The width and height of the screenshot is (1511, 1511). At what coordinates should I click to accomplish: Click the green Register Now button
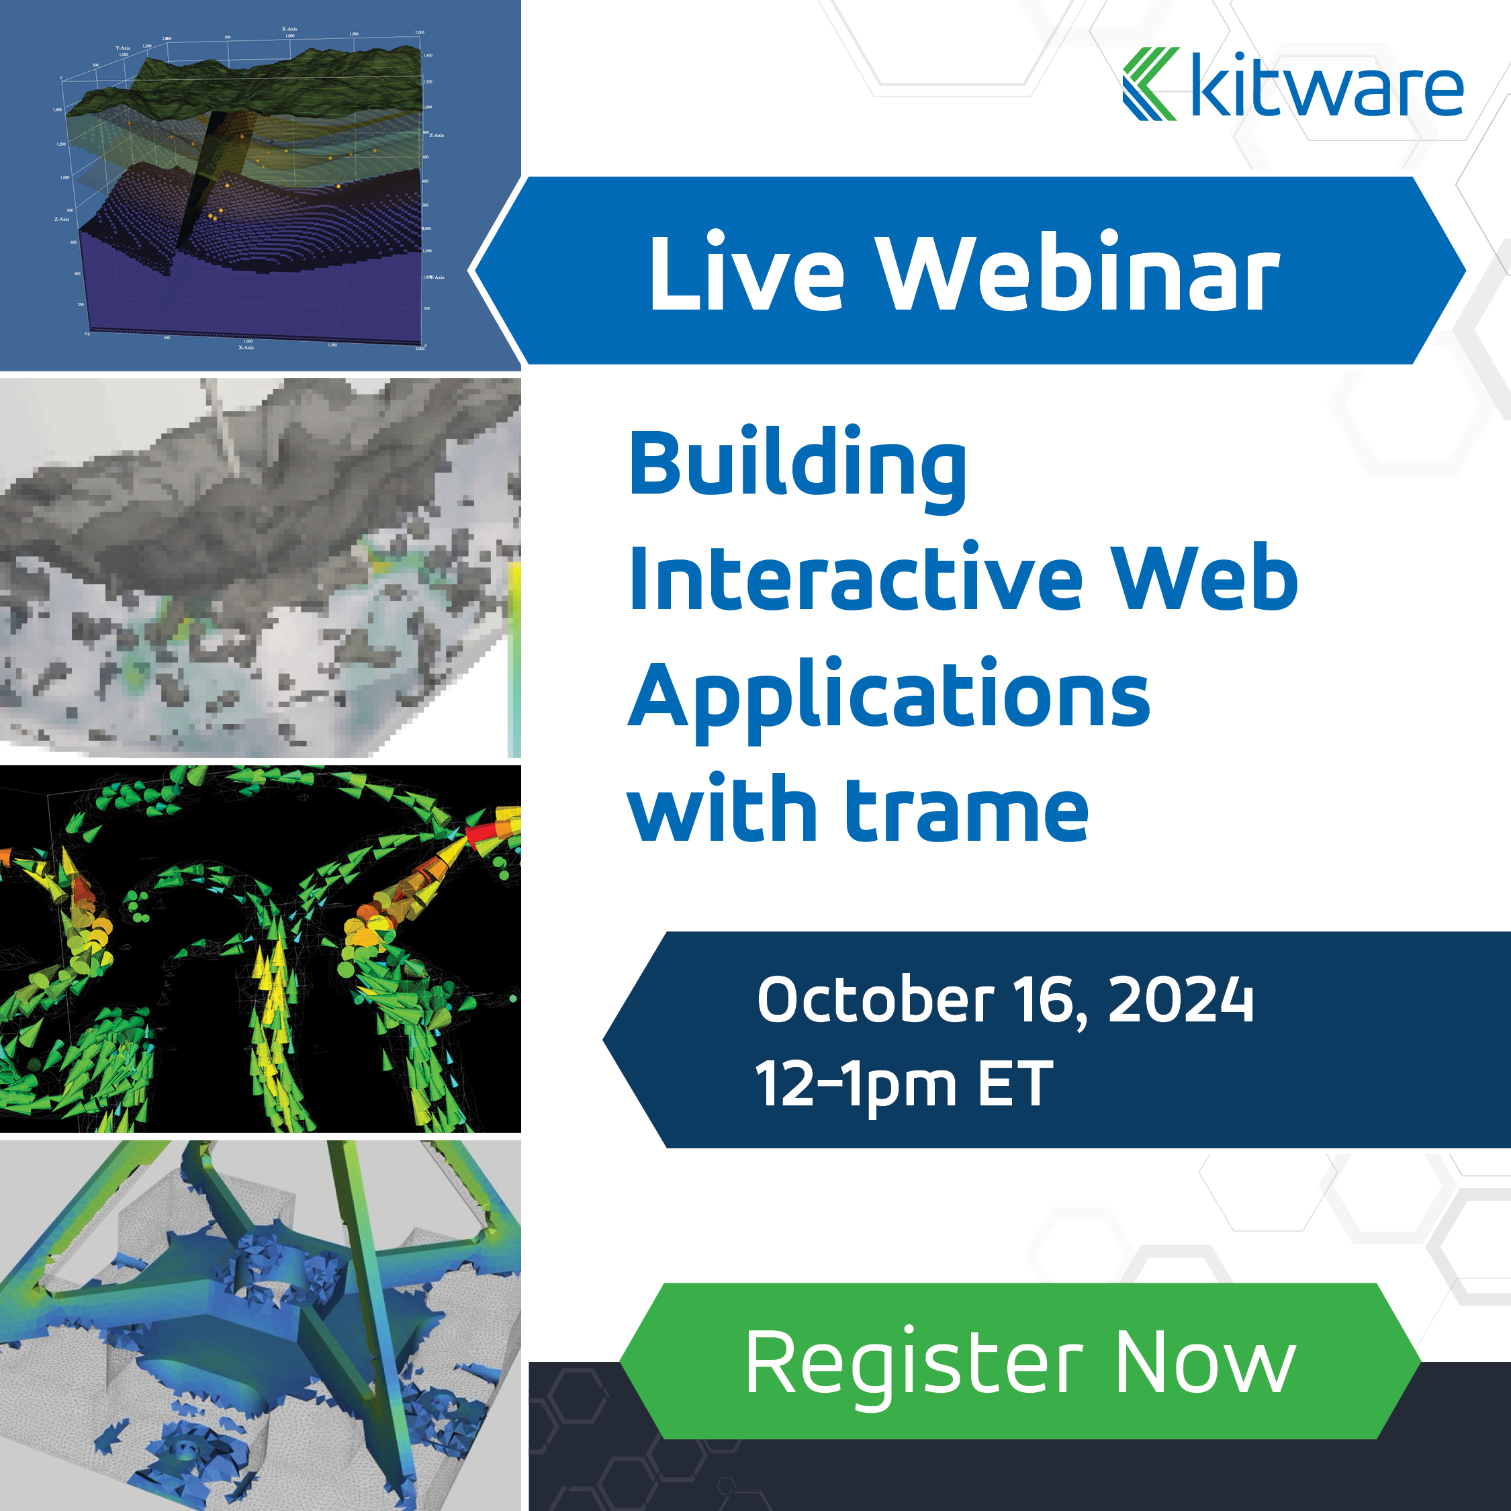(x=1020, y=1362)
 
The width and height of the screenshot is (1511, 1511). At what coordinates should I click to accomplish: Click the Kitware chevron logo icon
(x=1150, y=84)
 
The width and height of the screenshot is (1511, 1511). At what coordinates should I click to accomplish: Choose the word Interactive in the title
(x=856, y=578)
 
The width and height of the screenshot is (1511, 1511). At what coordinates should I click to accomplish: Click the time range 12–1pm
(x=856, y=1085)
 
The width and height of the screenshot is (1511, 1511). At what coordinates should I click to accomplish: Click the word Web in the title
(x=1204, y=578)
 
